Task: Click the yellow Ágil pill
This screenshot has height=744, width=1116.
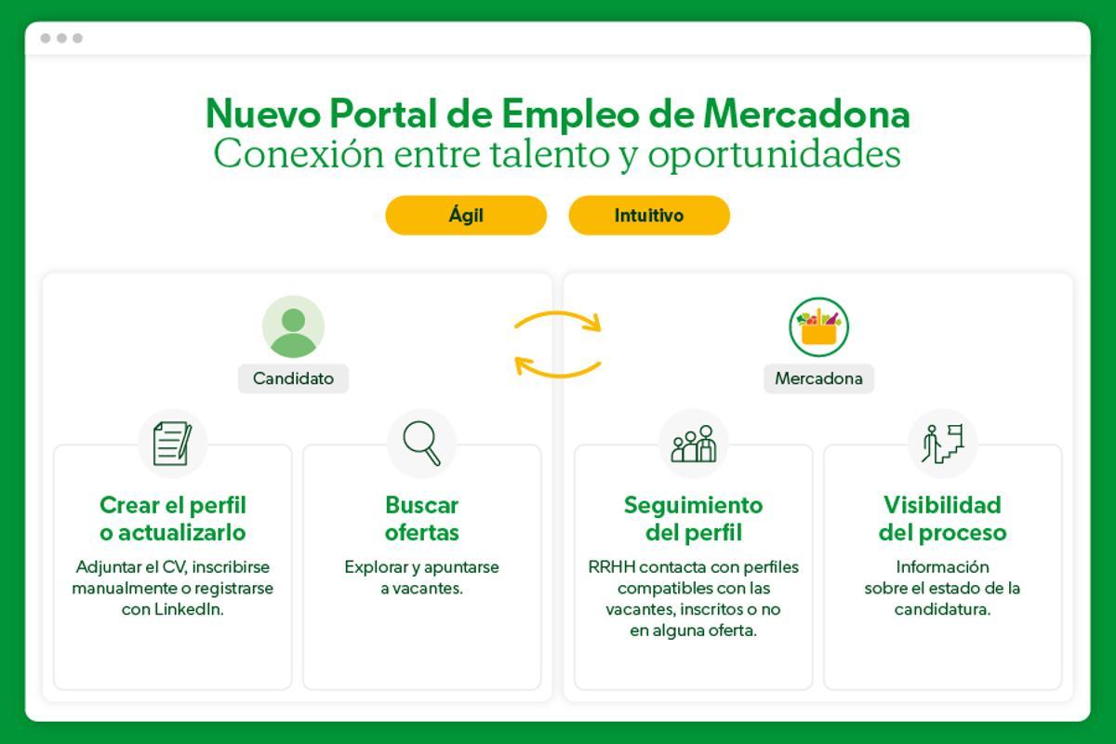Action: click(x=466, y=215)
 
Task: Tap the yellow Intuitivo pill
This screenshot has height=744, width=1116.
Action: click(x=649, y=215)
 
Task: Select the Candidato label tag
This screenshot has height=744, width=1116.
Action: click(x=293, y=379)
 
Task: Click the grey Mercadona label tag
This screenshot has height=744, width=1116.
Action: click(x=818, y=379)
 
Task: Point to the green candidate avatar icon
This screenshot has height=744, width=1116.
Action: click(x=293, y=327)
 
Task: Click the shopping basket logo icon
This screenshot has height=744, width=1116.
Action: click(x=819, y=327)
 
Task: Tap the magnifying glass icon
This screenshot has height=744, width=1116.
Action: click(x=422, y=443)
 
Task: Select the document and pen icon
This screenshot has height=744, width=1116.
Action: click(x=172, y=443)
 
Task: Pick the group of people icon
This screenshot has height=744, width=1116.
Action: click(x=694, y=444)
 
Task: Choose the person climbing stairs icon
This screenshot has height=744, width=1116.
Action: click(x=942, y=443)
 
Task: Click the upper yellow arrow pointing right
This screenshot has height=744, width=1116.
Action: click(x=559, y=321)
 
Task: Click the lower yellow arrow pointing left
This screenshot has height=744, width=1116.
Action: click(x=558, y=367)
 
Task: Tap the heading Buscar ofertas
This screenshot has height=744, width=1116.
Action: click(x=422, y=519)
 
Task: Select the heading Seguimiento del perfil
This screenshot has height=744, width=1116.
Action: click(x=693, y=519)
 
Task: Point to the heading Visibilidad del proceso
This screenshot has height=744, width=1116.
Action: click(x=942, y=519)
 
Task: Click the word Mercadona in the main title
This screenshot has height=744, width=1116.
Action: click(x=806, y=114)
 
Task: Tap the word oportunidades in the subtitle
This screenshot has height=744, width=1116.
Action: click(x=774, y=154)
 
